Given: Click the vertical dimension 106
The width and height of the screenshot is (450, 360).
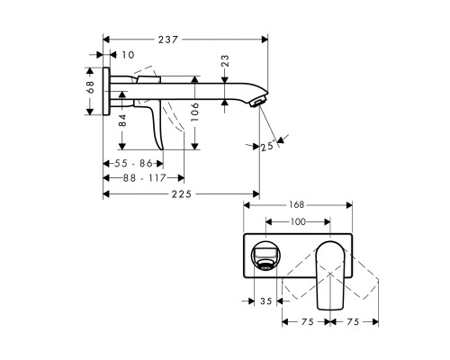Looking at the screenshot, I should point(195,112).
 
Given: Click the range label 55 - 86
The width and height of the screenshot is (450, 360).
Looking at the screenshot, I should point(133,163).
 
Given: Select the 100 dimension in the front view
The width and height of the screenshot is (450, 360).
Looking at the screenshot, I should point(296,221).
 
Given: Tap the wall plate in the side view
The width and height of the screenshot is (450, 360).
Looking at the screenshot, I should point(107,90).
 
